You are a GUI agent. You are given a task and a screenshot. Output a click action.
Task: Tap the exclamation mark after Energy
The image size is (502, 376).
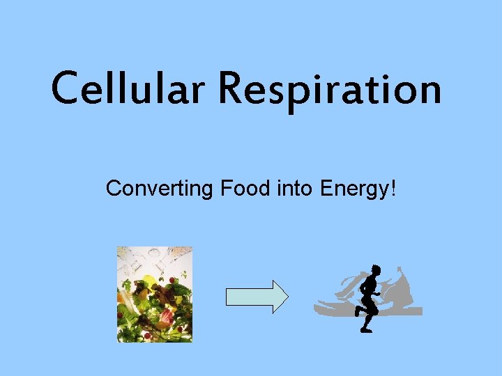(x=394, y=187)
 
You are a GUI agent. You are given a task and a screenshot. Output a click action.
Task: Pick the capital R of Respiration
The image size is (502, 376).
(x=235, y=90)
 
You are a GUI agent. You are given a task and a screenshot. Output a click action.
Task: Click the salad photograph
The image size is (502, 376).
(x=154, y=294)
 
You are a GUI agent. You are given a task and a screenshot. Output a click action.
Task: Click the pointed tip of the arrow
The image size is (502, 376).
(x=286, y=297)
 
